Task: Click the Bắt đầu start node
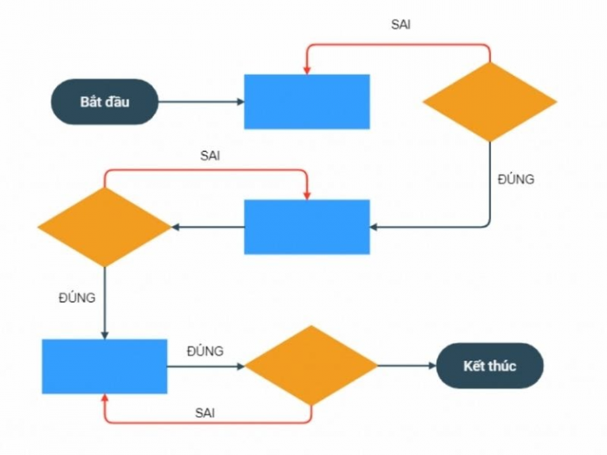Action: click(x=105, y=102)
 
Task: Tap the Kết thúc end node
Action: click(x=490, y=366)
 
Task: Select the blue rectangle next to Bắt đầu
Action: click(x=307, y=102)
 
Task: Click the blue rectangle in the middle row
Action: click(x=307, y=227)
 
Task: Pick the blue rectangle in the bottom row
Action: click(x=104, y=366)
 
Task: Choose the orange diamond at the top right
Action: click(x=490, y=102)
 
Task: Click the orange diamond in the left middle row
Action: click(x=104, y=227)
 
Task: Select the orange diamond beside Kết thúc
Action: click(x=311, y=366)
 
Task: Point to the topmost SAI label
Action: click(x=401, y=24)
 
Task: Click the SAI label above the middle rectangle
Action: click(x=209, y=156)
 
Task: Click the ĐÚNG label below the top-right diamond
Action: click(x=515, y=179)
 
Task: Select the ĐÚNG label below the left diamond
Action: click(x=77, y=298)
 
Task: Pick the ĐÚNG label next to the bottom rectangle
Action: click(x=205, y=351)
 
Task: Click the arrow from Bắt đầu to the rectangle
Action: click(x=201, y=102)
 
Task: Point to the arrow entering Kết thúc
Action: click(x=407, y=366)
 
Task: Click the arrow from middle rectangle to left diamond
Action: click(x=207, y=227)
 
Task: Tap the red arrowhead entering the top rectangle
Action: click(x=307, y=70)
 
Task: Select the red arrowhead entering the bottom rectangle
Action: click(x=104, y=398)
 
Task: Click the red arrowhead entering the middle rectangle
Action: click(x=307, y=194)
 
